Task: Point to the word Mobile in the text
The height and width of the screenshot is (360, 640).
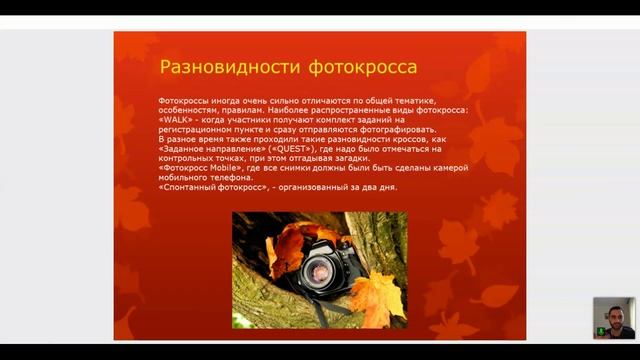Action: (x=232, y=168)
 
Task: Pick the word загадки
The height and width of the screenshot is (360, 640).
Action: (x=347, y=158)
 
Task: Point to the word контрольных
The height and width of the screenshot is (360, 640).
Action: (x=191, y=158)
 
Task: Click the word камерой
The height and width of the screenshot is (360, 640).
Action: (x=446, y=168)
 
